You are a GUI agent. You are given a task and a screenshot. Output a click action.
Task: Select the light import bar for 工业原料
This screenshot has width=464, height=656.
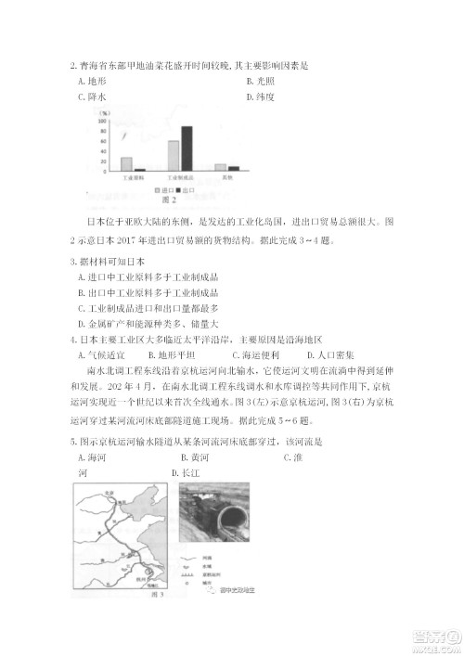[127, 164]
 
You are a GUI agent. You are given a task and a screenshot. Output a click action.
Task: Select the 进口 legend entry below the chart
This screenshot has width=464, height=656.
[160, 189]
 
